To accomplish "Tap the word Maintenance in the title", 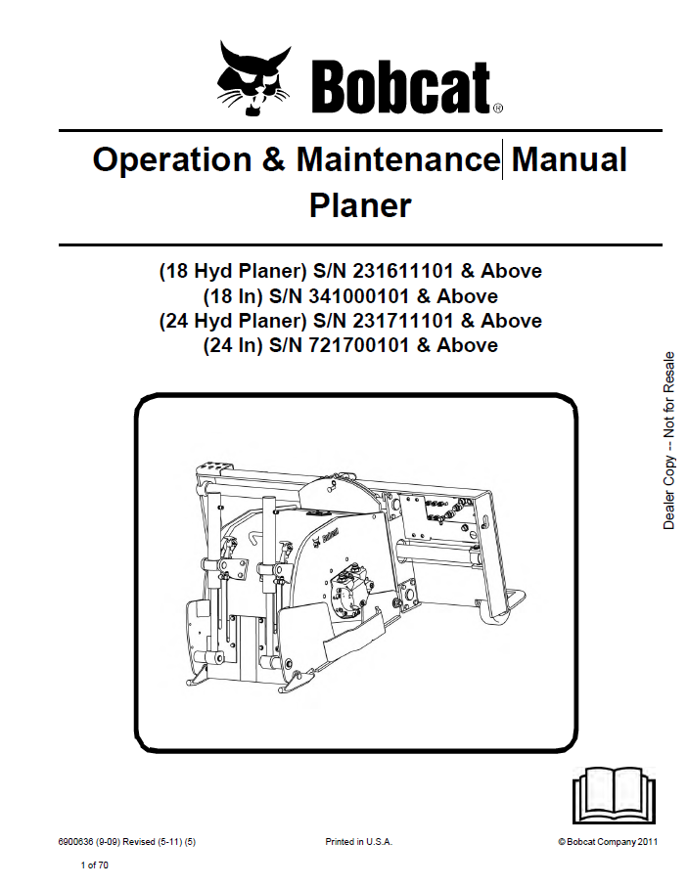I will coord(397,160).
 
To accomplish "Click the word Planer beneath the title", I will coord(360,206).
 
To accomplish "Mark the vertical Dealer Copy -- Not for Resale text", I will coord(669,440).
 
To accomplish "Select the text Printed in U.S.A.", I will coord(359,841).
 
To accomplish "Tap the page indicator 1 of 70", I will coord(95,865).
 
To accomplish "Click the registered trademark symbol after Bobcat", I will coord(498,109).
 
